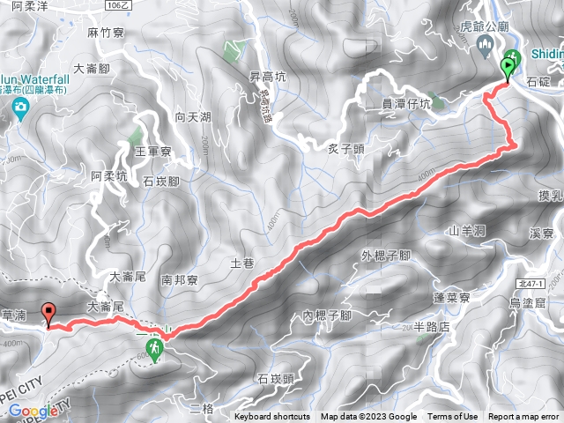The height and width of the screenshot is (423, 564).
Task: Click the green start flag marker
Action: [x=509, y=64]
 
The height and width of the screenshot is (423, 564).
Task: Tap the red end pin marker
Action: [x=48, y=312]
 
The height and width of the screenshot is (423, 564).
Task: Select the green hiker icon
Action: [x=155, y=351]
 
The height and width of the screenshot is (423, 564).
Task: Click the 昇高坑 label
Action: [x=267, y=77]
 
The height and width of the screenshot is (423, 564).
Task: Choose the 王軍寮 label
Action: [x=152, y=152]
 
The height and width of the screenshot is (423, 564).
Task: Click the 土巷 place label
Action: [x=241, y=263]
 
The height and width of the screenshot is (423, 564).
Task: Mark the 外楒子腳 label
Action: [x=386, y=256]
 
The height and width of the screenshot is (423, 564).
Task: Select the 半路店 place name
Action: [x=431, y=325]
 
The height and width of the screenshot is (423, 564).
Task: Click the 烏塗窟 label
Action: [x=531, y=303]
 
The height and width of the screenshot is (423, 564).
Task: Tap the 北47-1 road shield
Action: [x=526, y=283]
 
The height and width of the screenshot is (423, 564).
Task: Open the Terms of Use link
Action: [x=453, y=417]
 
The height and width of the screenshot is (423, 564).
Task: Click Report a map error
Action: [x=523, y=417]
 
